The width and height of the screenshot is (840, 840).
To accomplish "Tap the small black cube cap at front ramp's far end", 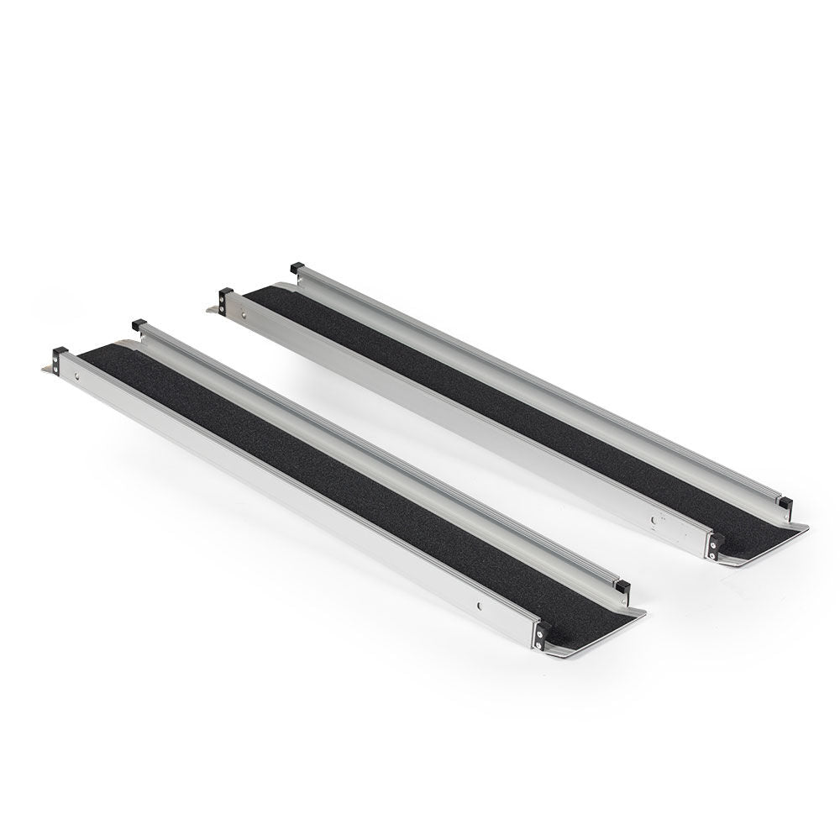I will click(137, 325).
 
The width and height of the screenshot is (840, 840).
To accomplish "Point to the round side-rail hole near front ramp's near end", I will click(479, 602).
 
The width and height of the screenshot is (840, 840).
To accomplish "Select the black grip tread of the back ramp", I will click(504, 395).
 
